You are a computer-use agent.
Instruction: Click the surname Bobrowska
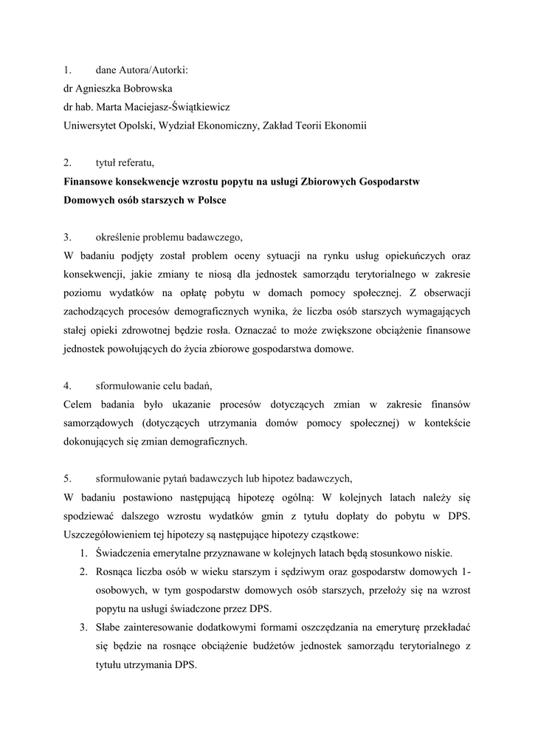point(145,87)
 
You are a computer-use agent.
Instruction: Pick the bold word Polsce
point(209,200)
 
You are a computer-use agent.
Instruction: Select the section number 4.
point(67,385)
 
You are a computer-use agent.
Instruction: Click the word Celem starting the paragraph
point(79,405)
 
